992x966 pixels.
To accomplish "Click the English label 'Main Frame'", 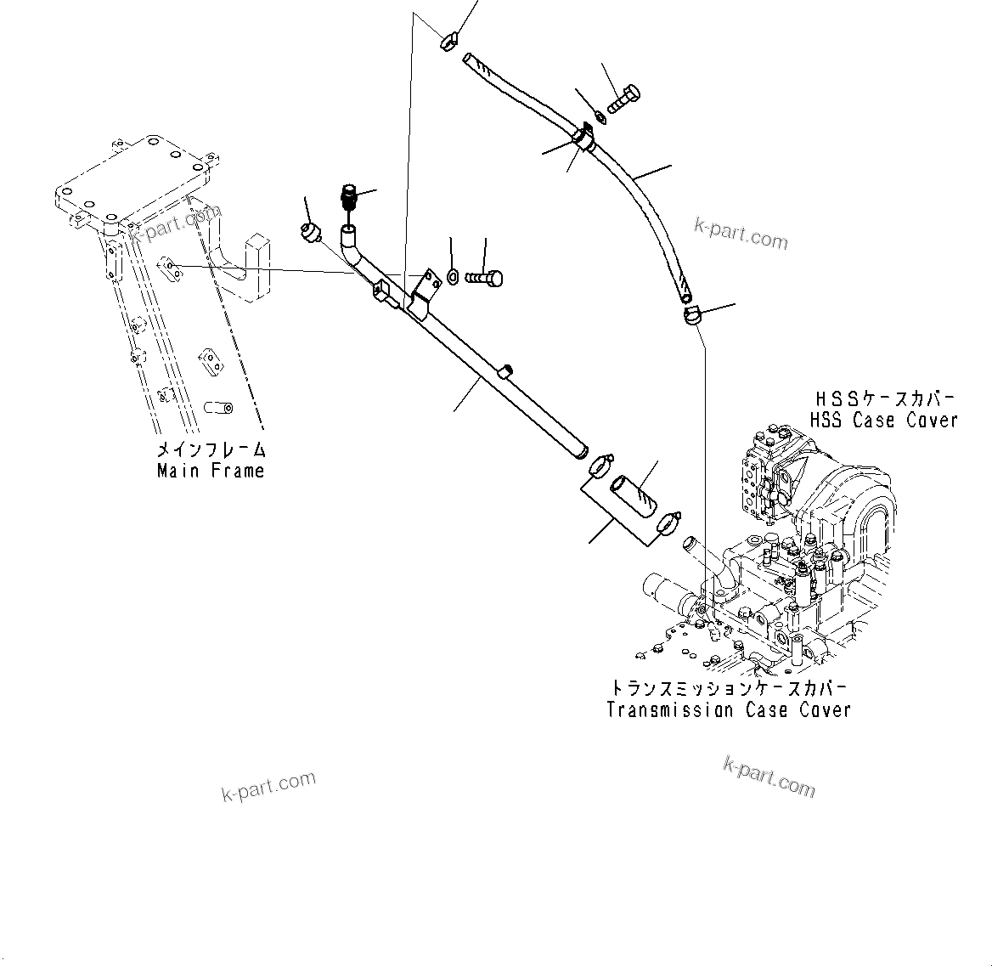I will click(x=211, y=471).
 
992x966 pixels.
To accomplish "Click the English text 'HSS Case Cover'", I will click(x=883, y=420).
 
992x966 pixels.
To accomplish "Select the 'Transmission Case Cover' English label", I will click(x=729, y=710).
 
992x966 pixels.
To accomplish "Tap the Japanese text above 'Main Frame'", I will click(x=211, y=449).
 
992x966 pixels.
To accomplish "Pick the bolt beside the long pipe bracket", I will click(x=485, y=277).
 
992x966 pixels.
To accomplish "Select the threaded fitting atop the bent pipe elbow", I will click(x=350, y=198).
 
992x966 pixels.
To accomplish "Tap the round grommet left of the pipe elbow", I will click(x=312, y=231).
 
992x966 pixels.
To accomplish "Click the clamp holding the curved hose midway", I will click(x=583, y=136).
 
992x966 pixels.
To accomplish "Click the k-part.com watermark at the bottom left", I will click(x=268, y=786).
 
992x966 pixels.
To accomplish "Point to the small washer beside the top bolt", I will click(x=600, y=116).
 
